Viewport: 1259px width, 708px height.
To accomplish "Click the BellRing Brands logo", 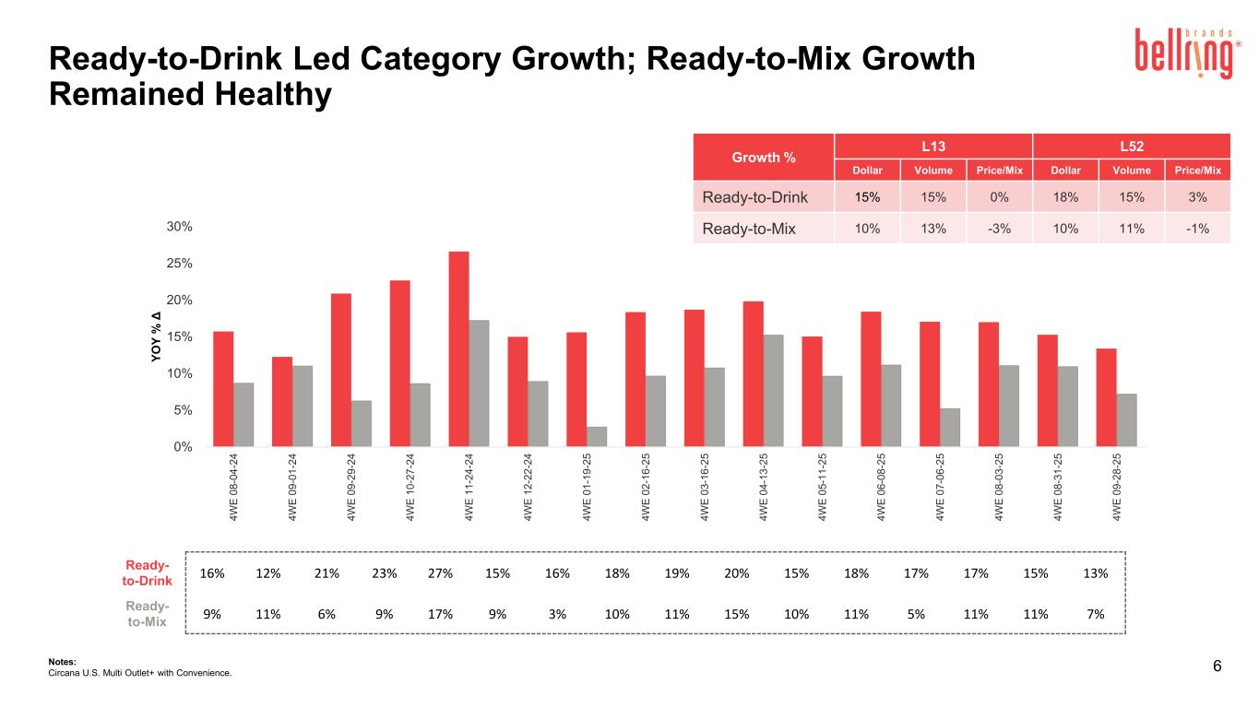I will pos(1185,53).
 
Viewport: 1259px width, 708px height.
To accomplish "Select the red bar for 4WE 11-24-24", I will pos(459,348).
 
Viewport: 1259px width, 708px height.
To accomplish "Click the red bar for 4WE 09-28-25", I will pos(1106,397).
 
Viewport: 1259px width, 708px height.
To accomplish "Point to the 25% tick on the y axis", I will pos(178,264).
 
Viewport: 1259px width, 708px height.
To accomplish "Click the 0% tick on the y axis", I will pos(182,447).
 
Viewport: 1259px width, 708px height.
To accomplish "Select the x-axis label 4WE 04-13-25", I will pos(765,488).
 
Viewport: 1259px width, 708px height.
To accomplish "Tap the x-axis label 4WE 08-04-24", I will pos(234,488).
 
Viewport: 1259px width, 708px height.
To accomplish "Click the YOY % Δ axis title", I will pos(157,337).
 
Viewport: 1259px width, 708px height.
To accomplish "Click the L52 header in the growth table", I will pos(1132,146).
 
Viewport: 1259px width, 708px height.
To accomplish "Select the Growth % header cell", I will pos(764,157).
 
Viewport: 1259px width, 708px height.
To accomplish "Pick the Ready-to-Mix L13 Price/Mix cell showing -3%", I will pos(999,230).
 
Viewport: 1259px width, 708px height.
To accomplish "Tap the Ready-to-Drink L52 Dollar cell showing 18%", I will pos(1066,197).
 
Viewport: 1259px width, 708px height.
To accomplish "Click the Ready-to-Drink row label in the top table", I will pos(755,197).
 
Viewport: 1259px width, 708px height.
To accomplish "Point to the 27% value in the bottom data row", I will pos(441,573).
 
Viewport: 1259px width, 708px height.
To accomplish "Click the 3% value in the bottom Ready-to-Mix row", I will pos(557,614).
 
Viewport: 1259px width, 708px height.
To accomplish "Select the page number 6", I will pos(1217,667).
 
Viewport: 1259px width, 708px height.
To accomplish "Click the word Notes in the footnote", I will pos(62,661).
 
